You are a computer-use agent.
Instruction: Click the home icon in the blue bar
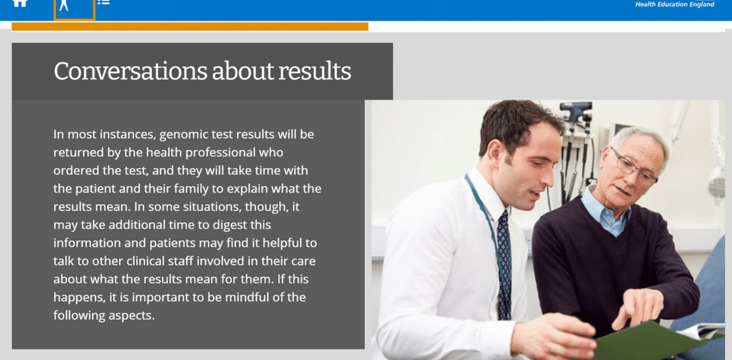(x=20, y=3)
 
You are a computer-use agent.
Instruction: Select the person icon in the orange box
(x=64, y=5)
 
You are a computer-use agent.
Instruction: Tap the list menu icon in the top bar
(x=103, y=2)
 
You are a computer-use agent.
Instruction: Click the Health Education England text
(x=674, y=4)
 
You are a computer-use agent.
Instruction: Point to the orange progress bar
(x=190, y=26)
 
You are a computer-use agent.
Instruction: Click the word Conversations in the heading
(x=130, y=71)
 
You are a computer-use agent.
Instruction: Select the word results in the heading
(x=315, y=71)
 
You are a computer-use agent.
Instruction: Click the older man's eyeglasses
(x=634, y=167)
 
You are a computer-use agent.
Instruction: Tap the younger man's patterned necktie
(x=504, y=265)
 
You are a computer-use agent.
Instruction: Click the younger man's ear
(x=494, y=154)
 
